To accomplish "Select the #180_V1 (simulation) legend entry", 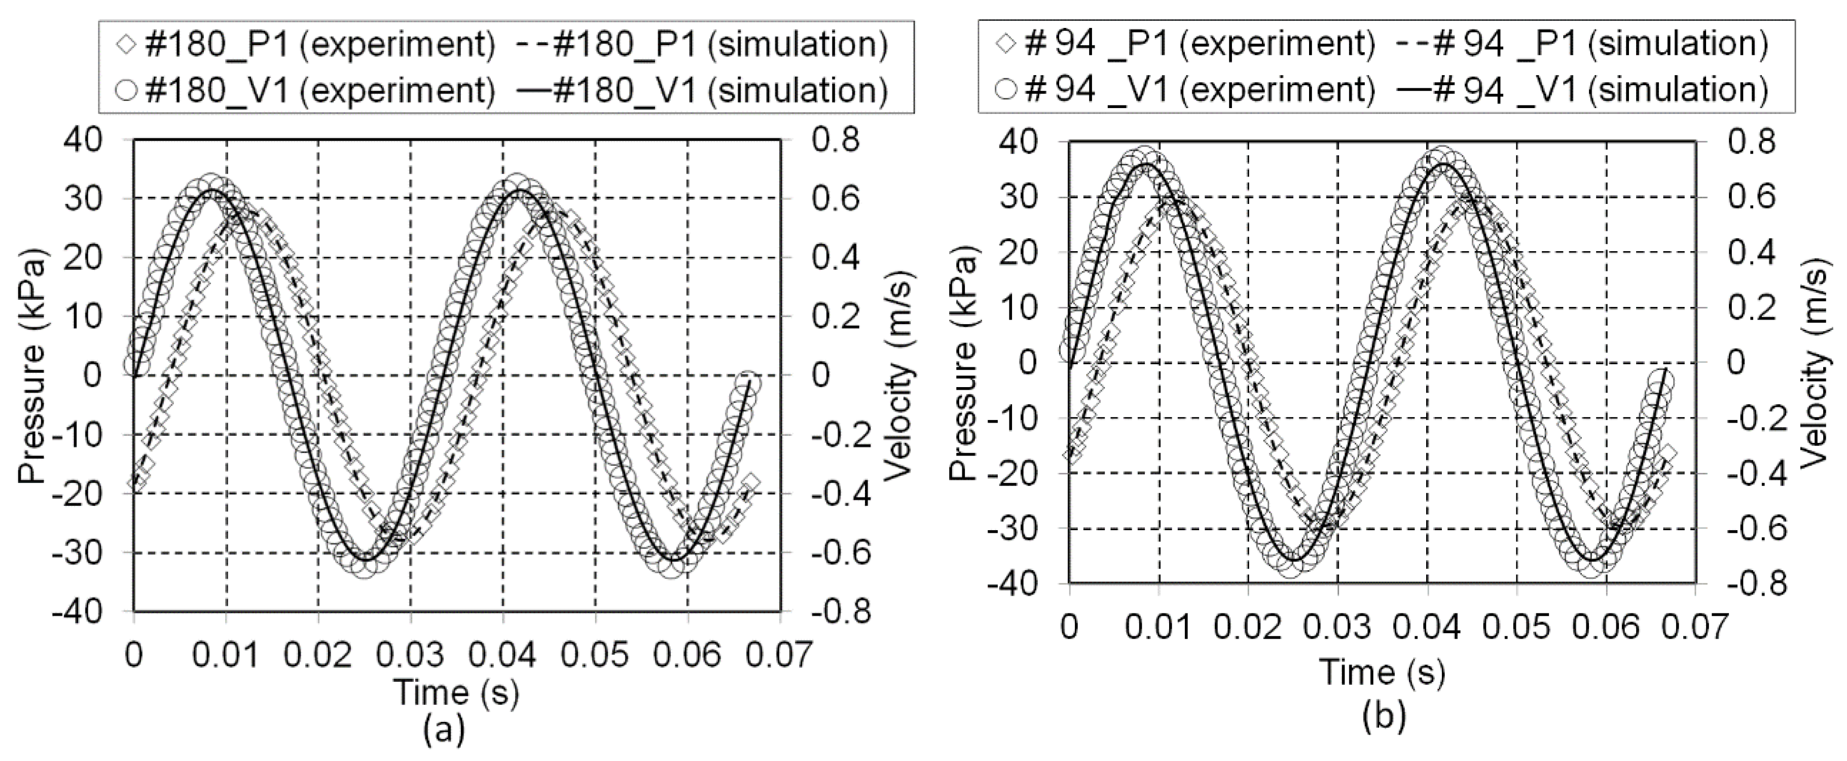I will pyautogui.click(x=706, y=91).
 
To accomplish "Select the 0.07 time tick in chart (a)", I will pyautogui.click(x=781, y=655).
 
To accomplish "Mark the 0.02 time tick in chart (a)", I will pyautogui.click(x=318, y=655).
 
